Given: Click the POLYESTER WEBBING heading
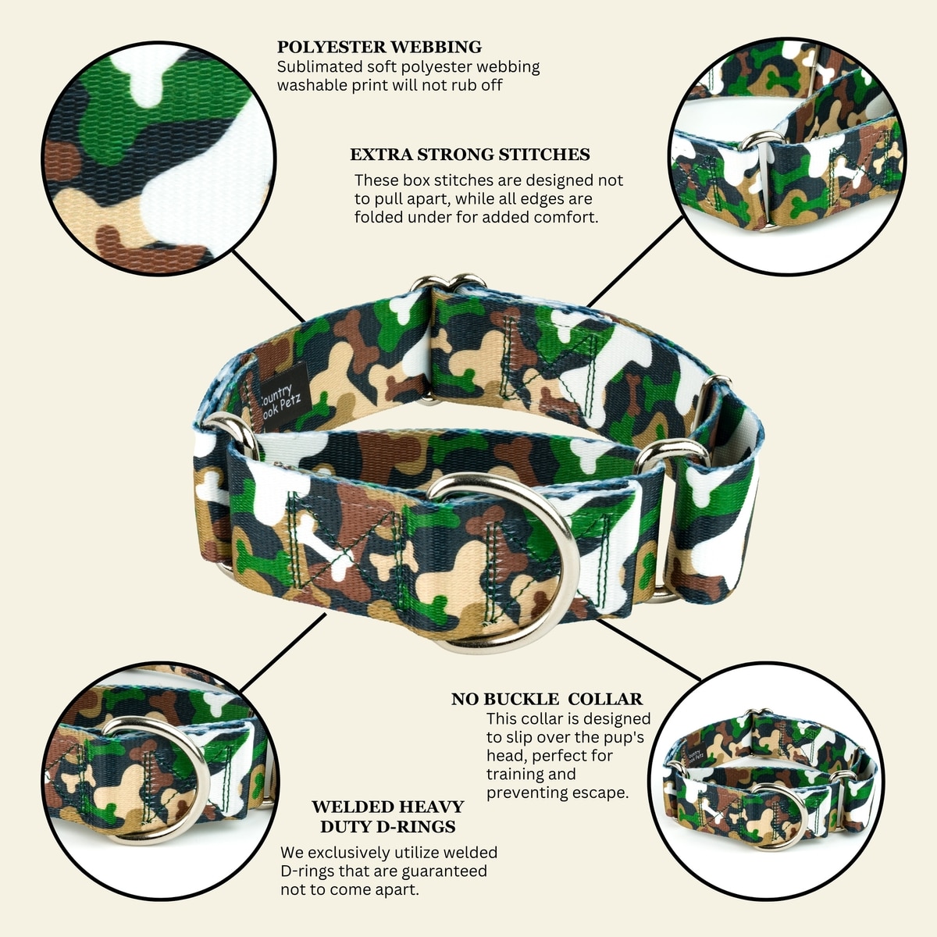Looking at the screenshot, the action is [x=379, y=47].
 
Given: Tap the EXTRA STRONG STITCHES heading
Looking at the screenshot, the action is [x=470, y=155].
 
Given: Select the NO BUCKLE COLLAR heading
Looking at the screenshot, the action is [x=547, y=699].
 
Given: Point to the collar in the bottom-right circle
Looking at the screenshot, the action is [x=769, y=787].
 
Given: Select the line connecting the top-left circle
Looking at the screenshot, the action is [x=269, y=287].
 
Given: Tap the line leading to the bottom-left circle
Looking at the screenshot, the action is [x=283, y=652].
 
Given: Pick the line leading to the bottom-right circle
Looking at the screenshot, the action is [x=649, y=650].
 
